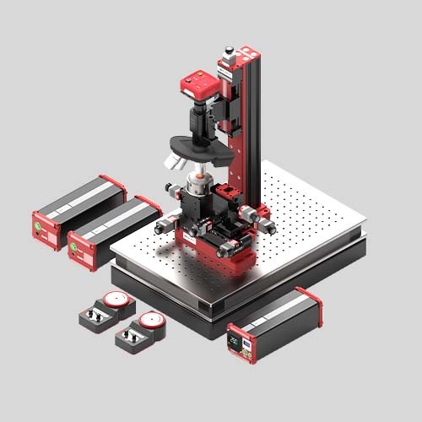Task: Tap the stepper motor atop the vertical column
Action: point(228,57)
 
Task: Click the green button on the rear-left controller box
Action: point(37,225)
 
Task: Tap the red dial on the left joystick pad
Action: point(113,300)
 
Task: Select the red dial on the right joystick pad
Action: point(151,320)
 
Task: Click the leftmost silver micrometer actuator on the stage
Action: point(160,225)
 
